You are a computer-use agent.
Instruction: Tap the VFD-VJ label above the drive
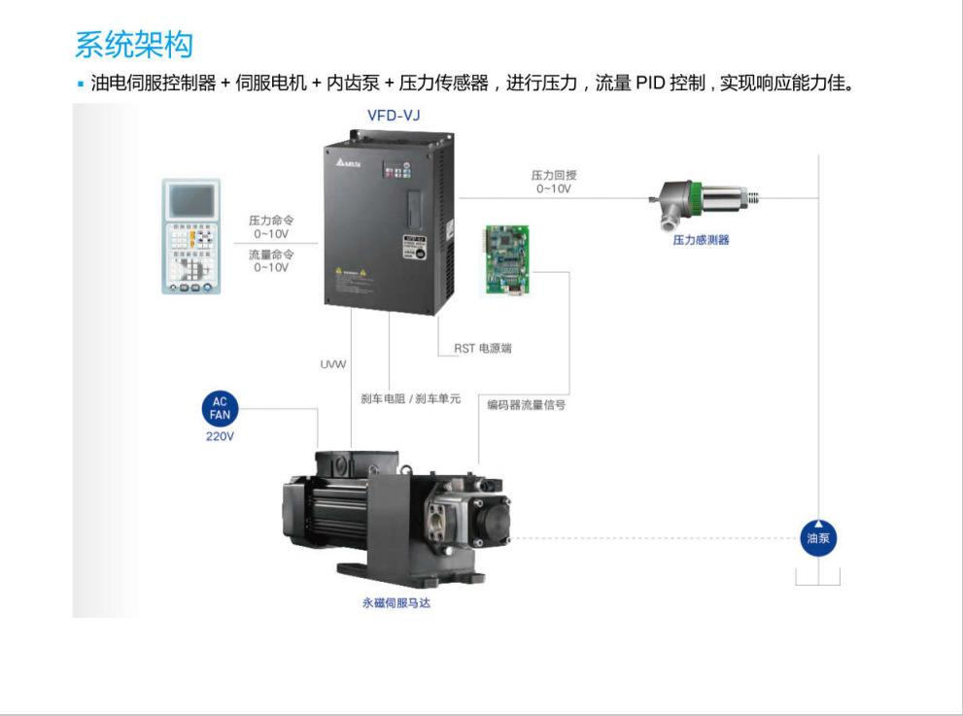click(x=394, y=116)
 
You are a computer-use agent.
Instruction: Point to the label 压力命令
click(x=271, y=221)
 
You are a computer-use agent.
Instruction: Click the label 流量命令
click(x=271, y=256)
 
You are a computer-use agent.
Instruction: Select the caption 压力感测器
click(x=701, y=240)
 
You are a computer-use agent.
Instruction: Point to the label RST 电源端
click(x=483, y=348)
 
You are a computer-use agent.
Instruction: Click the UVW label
click(x=333, y=364)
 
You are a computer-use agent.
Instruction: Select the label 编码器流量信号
click(x=527, y=405)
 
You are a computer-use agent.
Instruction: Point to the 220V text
click(x=220, y=436)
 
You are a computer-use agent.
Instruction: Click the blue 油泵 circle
click(x=818, y=536)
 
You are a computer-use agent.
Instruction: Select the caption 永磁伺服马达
click(x=396, y=603)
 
